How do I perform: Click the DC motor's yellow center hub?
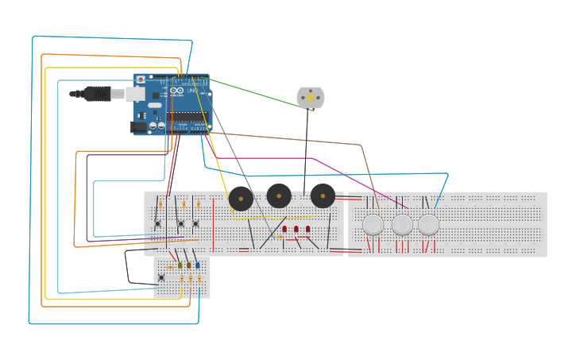(311, 98)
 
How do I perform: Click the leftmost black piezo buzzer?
(241, 198)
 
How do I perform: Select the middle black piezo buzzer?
(279, 195)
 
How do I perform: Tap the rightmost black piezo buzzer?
(323, 195)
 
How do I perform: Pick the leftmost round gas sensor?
(373, 225)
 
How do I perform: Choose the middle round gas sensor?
(403, 225)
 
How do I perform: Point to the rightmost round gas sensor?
(429, 225)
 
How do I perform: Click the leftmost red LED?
(284, 229)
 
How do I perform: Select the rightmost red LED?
(308, 229)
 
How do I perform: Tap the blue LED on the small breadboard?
(198, 265)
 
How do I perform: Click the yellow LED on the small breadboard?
(180, 265)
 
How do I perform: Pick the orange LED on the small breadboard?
(189, 265)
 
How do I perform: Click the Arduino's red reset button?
(141, 80)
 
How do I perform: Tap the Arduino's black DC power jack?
(140, 126)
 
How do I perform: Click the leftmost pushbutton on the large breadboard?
(158, 223)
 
